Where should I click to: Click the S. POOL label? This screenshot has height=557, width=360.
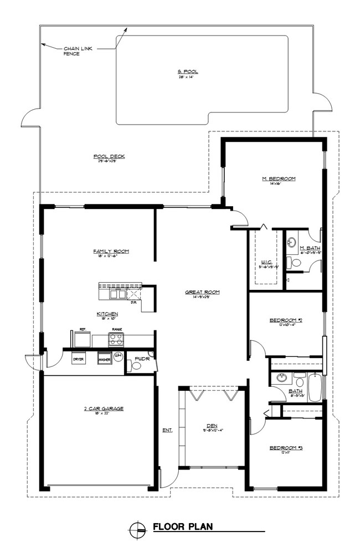[x=188, y=72]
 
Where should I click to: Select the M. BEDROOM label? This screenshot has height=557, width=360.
[x=279, y=179]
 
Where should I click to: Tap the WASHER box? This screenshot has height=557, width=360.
[x=104, y=360]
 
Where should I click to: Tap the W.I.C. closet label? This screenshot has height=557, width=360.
[x=265, y=263]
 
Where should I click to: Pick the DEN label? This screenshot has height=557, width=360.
[x=214, y=426]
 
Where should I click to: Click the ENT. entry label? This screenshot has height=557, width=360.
[x=167, y=430]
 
